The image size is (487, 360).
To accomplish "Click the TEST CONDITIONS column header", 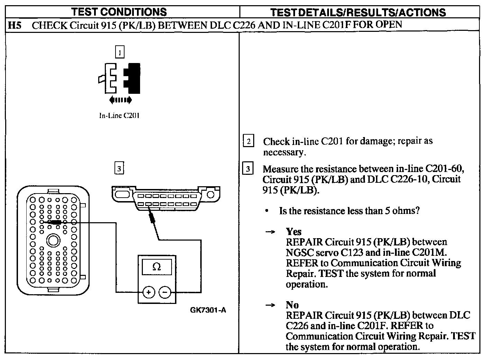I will (119, 12).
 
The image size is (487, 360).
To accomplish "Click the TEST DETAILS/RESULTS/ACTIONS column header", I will (358, 12).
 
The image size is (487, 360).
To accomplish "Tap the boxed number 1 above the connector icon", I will (119, 53).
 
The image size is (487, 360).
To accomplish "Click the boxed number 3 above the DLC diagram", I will (119, 169).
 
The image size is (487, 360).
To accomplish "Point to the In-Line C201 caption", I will (119, 116).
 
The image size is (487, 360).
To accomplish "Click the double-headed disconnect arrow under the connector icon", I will (120, 100).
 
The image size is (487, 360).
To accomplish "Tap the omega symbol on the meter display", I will (157, 267).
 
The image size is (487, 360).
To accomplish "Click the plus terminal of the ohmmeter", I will (148, 292).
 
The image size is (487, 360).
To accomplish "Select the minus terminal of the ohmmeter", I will (165, 292).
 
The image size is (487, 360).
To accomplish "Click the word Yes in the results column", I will (293, 232).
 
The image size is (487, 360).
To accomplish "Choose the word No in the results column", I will (292, 305).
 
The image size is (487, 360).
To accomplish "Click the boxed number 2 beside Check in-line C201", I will (248, 141).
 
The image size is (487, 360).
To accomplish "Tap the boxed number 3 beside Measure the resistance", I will (248, 169).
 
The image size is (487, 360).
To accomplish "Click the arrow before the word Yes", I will (270, 232).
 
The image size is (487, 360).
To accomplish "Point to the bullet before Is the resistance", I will (267, 211).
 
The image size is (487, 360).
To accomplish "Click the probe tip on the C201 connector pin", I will (55, 222).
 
